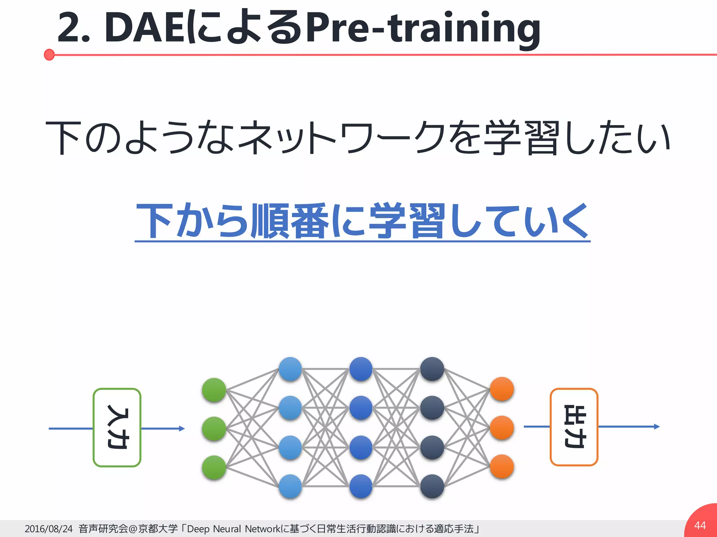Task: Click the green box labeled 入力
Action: (x=117, y=427)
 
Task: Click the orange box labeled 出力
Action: (x=574, y=427)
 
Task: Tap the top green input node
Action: (x=214, y=390)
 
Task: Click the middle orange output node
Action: (x=502, y=428)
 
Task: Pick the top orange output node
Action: (x=502, y=389)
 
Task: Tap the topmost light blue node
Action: (x=290, y=369)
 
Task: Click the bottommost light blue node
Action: (x=290, y=486)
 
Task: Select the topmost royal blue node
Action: (x=361, y=369)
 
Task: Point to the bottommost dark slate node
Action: (x=432, y=486)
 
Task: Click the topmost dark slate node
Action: (x=432, y=369)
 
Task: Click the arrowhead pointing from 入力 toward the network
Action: (x=182, y=429)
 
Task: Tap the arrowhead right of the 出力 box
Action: (x=657, y=427)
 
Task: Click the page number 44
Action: (x=700, y=525)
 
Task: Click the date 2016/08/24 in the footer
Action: (x=49, y=529)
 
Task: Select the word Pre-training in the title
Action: (x=423, y=28)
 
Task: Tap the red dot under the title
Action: (x=49, y=55)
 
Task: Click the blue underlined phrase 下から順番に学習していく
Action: (x=362, y=221)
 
